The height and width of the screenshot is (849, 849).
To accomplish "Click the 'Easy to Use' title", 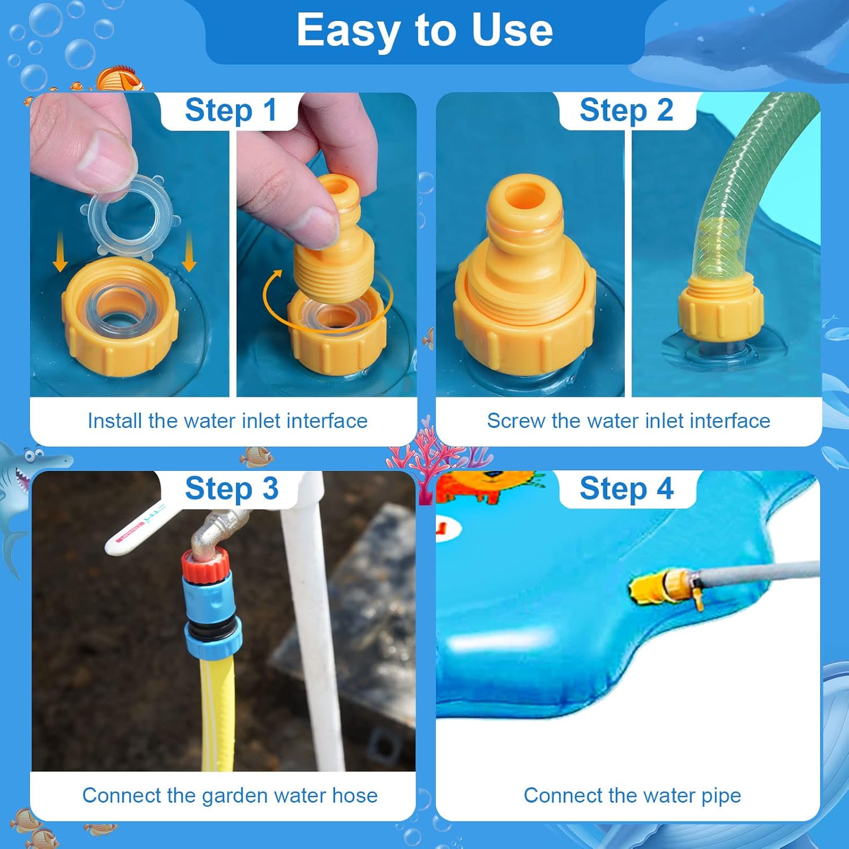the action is coord(424,31).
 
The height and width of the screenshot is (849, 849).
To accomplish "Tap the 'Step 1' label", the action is coord(231,110).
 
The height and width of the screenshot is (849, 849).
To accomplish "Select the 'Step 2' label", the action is coord(627,110).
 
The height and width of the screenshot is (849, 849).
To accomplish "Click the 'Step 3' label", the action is coord(231,488).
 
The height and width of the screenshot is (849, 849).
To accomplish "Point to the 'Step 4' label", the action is coord(627,488).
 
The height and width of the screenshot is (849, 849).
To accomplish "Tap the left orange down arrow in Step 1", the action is coord(60,258).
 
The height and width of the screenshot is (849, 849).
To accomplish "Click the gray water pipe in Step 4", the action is coord(758,574).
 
